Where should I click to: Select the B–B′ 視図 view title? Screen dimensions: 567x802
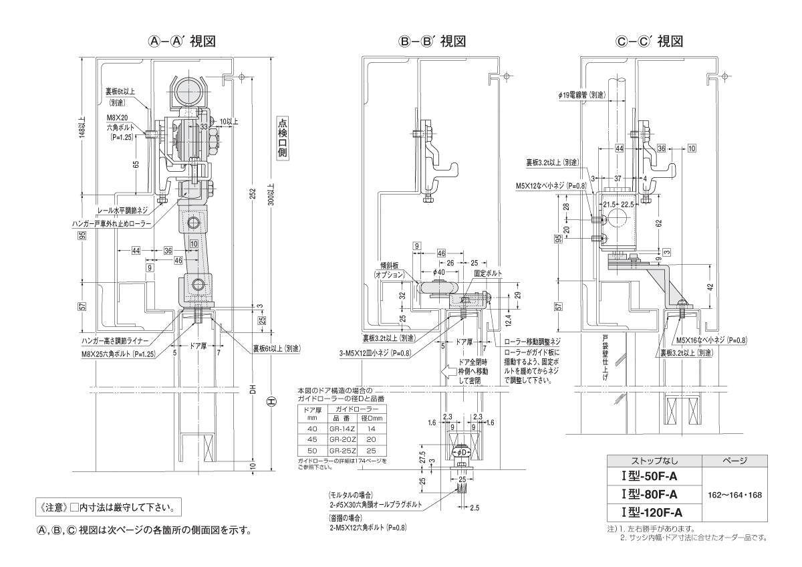tap(432, 41)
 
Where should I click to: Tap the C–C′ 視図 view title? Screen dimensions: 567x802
tap(649, 41)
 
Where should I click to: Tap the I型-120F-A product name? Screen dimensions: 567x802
tap(651, 513)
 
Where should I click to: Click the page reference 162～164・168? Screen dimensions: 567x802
tap(734, 495)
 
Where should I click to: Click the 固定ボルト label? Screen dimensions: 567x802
tap(487, 273)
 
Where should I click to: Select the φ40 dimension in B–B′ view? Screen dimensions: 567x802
tap(439, 272)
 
